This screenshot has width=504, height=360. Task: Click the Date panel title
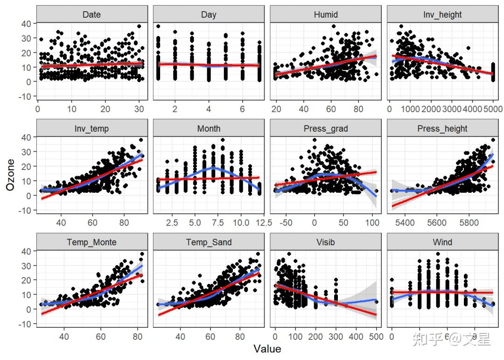91,14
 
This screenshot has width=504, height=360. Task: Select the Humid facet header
326,14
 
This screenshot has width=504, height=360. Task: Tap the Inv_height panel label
442,14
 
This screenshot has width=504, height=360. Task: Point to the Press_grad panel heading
326,128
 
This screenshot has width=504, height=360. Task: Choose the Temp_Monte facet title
91,242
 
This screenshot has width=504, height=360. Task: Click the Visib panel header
326,242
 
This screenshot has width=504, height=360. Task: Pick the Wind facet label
442,242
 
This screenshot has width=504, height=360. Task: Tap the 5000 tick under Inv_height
490,109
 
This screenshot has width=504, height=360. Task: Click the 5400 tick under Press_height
405,223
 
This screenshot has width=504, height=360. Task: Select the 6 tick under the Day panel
242,109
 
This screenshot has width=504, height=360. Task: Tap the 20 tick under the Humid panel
276,109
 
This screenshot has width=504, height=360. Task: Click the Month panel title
209,128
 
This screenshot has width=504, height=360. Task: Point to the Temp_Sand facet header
209,242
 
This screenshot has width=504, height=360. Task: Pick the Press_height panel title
442,128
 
